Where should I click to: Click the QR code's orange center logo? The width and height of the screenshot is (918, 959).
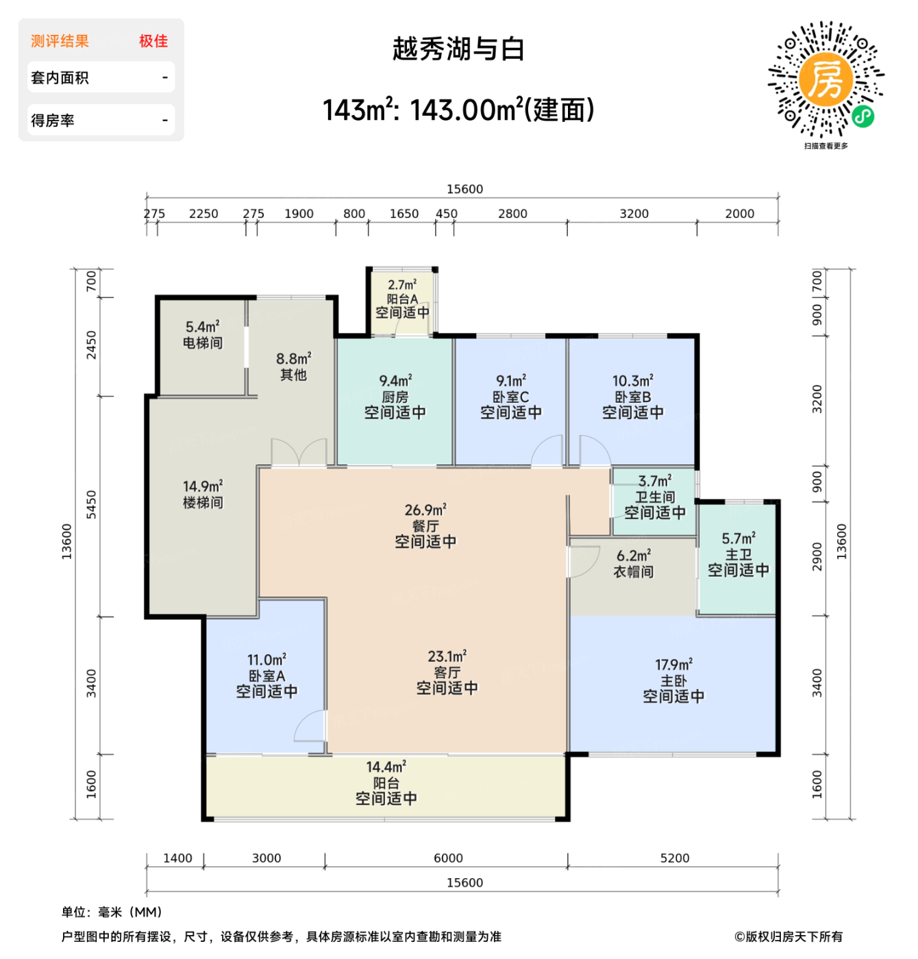point(826,80)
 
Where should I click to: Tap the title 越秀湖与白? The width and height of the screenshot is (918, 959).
point(458,49)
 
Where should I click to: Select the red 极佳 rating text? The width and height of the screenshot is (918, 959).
point(153,41)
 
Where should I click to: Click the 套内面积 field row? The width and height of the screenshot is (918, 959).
point(101,77)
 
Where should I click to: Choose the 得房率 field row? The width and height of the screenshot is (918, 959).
point(101,121)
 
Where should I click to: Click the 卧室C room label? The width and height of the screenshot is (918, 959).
point(511,397)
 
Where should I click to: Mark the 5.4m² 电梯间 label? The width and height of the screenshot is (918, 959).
point(203,335)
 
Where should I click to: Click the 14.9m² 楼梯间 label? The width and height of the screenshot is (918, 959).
point(203,495)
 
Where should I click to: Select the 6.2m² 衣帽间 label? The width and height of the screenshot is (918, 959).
point(633,564)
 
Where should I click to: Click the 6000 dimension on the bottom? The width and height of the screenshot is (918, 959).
point(448,858)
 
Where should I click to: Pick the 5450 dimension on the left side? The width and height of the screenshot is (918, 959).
point(91,505)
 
